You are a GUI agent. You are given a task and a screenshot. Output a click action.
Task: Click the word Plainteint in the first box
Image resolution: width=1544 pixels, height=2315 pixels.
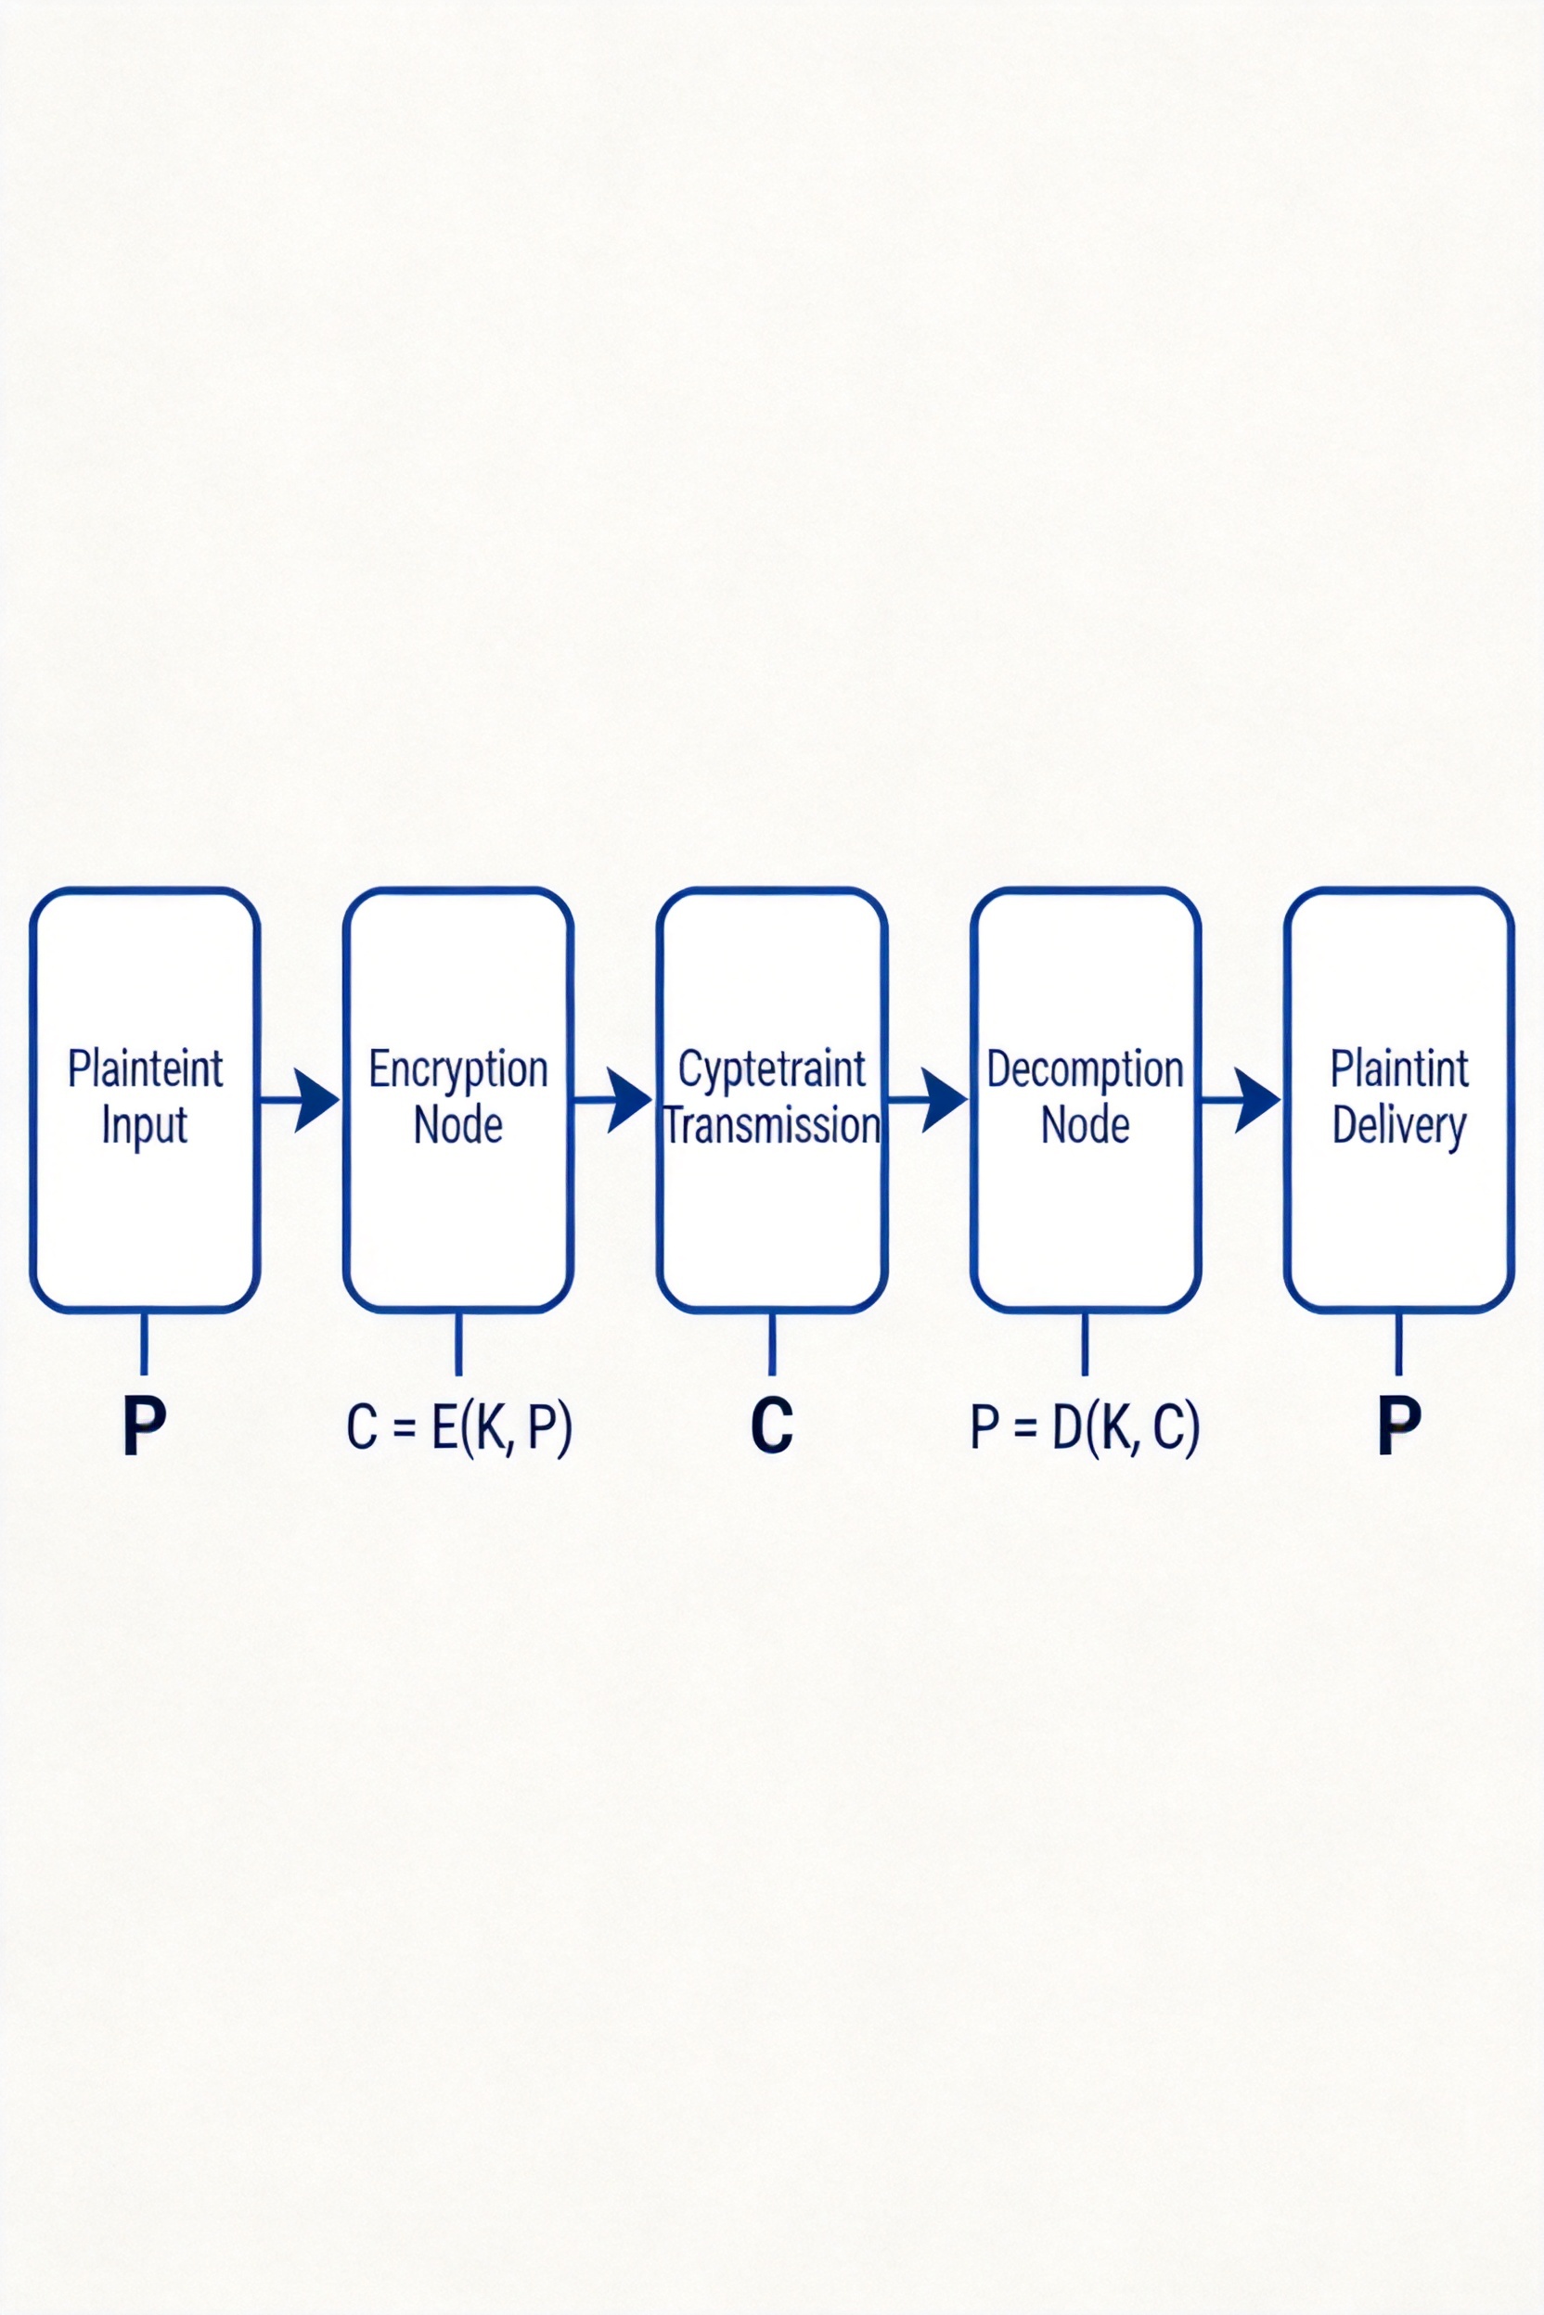point(146,1070)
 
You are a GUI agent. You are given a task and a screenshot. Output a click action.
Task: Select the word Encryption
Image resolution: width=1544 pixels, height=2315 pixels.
point(457,1070)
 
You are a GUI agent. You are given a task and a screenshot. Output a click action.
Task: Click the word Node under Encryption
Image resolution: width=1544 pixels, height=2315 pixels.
point(457,1126)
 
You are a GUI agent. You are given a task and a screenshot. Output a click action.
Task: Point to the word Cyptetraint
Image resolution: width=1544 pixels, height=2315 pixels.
point(772,1071)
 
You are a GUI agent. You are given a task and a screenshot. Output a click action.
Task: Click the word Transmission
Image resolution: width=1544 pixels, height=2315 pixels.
point(772,1126)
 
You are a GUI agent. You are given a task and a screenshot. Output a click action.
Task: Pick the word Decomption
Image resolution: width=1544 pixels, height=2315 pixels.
point(1085,1070)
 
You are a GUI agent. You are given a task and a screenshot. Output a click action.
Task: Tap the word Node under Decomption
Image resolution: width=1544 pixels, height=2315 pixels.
point(1085,1126)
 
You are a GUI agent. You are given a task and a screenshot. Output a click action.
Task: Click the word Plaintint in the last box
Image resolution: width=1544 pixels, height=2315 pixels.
point(1399,1070)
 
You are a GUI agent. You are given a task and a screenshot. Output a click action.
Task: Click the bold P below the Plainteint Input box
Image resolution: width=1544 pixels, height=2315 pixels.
point(144,1426)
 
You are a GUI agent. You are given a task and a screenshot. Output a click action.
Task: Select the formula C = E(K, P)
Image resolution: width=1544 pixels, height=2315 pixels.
point(457,1427)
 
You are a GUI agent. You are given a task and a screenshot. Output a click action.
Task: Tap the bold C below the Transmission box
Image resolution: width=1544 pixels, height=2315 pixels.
point(771,1426)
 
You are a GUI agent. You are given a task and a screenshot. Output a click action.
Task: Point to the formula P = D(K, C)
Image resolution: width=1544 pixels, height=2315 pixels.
point(1085,1427)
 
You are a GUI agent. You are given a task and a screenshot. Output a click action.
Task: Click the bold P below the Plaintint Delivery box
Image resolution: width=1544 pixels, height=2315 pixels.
point(1398,1426)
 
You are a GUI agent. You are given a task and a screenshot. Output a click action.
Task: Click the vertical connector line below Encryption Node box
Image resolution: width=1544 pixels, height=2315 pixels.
point(457,1344)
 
